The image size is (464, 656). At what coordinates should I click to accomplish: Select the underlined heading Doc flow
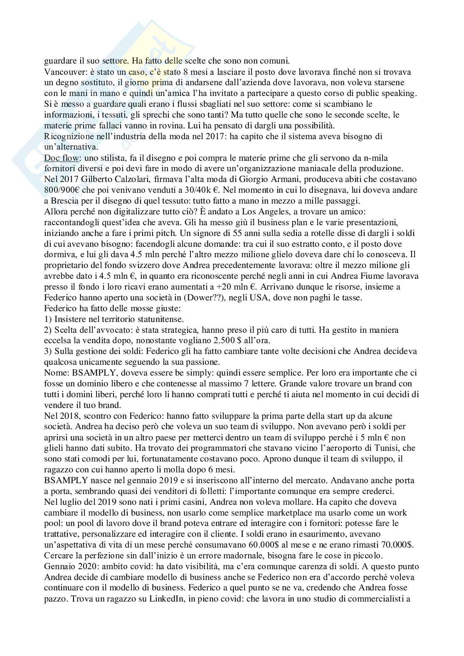(x=59, y=158)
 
